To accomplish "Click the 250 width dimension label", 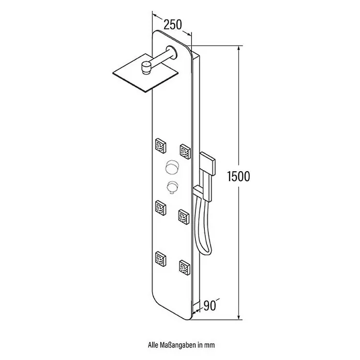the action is pos(172,25).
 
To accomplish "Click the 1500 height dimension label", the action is pos(238,176).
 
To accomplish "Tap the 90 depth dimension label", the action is pos(209,305).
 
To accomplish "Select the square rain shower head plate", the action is pos(145,73).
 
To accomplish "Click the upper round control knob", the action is pos(172,167).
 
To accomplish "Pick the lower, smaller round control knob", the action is pos(172,187).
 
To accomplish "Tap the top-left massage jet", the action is pos(161,145).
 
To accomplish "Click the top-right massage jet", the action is pos(185,152).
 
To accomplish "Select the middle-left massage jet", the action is pos(161,208).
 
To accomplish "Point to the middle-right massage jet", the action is pos(184,217).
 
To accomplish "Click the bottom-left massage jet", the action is pos(161,259).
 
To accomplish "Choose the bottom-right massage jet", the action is pos(184,268).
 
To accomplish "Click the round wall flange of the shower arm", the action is pos(172,52).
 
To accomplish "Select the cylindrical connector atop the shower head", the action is pos(145,68).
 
